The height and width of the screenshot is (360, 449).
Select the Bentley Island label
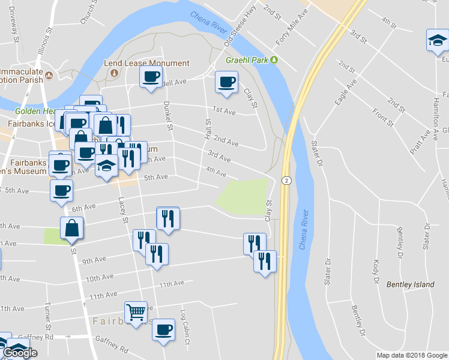(410, 284)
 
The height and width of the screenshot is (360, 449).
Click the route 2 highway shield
(287, 180)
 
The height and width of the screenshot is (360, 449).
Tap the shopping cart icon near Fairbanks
(136, 311)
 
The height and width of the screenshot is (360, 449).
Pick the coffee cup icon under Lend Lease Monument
(151, 76)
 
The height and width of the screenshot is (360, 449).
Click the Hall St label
(208, 129)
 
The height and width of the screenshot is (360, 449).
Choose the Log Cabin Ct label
(185, 328)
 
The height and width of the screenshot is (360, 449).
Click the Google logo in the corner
(20, 353)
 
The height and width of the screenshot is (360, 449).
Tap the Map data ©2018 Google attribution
(411, 355)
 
